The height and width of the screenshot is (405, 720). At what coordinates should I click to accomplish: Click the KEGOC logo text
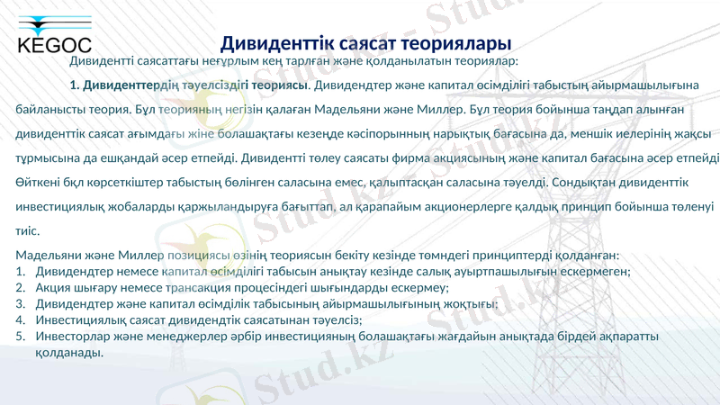click(x=54, y=46)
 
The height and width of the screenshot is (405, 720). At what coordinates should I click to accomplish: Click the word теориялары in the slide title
click(x=459, y=42)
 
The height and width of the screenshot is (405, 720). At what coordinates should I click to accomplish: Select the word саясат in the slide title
click(x=359, y=42)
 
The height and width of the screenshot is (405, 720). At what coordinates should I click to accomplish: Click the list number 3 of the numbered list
click(x=20, y=304)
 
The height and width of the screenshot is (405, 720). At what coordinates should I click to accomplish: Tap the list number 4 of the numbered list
click(x=20, y=320)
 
